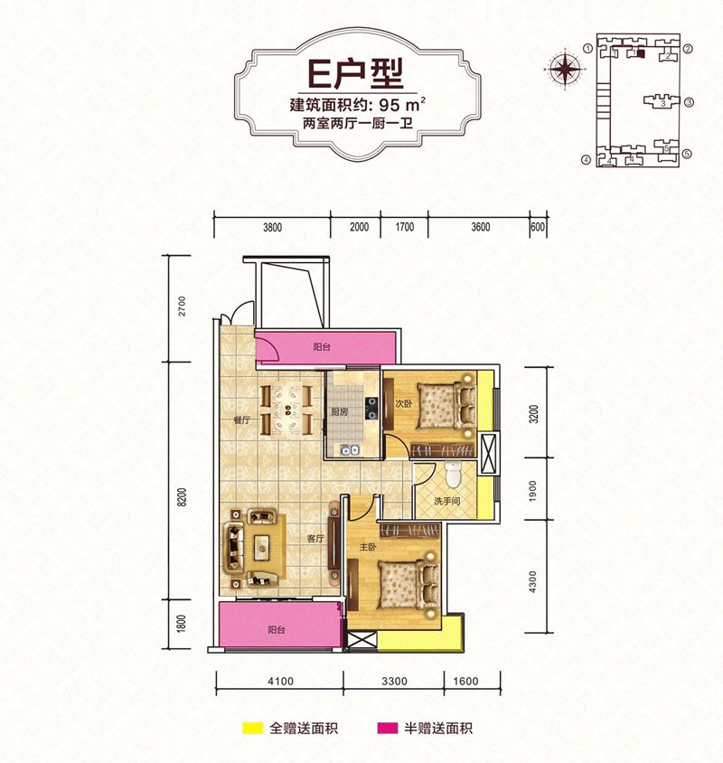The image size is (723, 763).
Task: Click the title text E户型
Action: tap(356, 74)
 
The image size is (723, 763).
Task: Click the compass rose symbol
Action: tap(565, 69)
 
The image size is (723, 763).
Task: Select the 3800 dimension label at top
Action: tap(272, 227)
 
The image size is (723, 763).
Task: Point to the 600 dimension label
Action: tap(538, 227)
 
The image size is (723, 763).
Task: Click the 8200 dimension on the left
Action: tap(182, 497)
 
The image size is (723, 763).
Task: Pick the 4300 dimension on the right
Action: tap(533, 581)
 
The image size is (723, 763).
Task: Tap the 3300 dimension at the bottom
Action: tap(394, 682)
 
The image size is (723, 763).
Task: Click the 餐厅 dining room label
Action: tap(242, 420)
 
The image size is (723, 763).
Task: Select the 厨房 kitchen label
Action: tap(339, 411)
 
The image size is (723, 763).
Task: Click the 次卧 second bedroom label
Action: tap(403, 404)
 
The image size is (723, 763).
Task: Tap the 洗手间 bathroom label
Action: tap(446, 501)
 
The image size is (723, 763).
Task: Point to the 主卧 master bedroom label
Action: tap(368, 548)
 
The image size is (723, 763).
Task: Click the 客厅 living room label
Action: tap(315, 539)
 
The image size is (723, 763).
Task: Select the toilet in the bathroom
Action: tap(453, 474)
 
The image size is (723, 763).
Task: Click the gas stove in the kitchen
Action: tap(371, 409)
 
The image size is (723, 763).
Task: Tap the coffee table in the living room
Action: tap(263, 549)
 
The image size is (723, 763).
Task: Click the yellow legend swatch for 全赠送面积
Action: tap(253, 728)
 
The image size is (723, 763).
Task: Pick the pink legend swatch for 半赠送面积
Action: tap(388, 728)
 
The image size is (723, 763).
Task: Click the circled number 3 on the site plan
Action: tap(689, 103)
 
